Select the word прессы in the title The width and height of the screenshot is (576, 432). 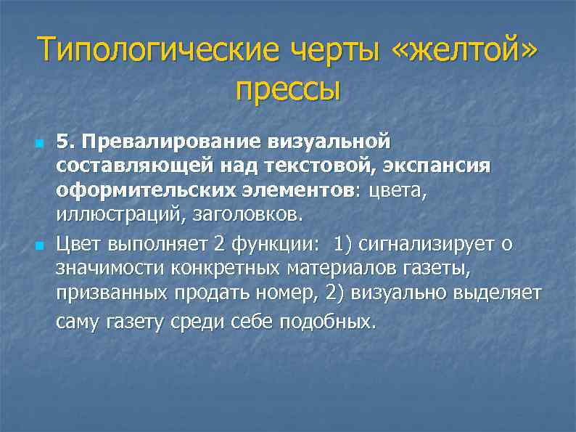click(288, 90)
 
